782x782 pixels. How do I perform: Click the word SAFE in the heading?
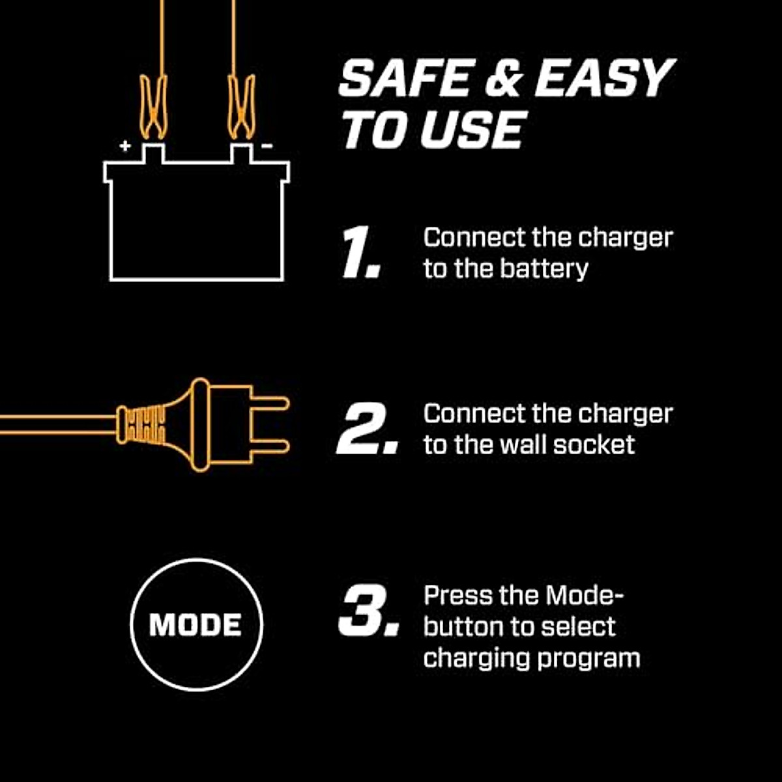405,79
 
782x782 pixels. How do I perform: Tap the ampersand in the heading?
504,80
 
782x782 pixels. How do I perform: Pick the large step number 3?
367,611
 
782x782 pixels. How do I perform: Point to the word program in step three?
588,658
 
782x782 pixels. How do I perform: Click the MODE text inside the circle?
195,625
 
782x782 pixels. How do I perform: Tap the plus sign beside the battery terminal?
125,146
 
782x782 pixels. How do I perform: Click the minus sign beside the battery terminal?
267,146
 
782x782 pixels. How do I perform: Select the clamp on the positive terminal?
154,108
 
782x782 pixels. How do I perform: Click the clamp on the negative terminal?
241,108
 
